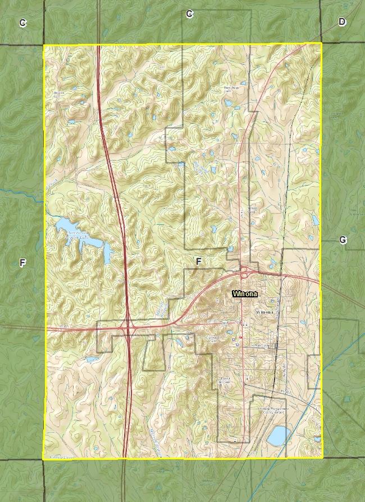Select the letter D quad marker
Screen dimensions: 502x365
tap(342, 22)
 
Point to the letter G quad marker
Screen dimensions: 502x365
tap(343, 240)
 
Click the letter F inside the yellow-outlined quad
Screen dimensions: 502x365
tap(198, 261)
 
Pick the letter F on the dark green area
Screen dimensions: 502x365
tap(22, 263)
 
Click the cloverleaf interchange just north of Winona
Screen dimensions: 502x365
tap(245, 274)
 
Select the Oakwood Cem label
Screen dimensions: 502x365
tap(213, 338)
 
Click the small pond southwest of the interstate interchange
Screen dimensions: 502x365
tap(92, 359)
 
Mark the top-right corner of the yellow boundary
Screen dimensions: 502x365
tap(321, 43)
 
